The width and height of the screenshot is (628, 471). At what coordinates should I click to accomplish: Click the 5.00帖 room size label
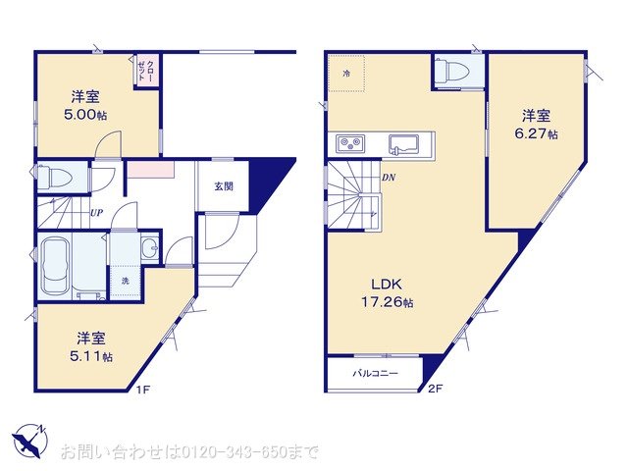[x=85, y=115]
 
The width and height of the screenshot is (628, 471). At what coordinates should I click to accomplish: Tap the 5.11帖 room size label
[x=91, y=356]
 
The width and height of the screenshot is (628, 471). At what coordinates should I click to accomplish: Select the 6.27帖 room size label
[x=536, y=133]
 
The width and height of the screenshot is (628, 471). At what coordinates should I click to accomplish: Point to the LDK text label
[x=387, y=285]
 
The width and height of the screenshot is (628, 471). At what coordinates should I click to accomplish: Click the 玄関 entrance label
[x=224, y=186]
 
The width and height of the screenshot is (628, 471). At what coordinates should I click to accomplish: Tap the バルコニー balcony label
[x=375, y=373]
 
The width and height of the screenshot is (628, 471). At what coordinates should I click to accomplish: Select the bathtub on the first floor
[x=55, y=265]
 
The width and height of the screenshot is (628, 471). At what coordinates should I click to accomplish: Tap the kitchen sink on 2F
[x=403, y=144]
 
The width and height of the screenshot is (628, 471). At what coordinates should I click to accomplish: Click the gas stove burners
[x=351, y=144]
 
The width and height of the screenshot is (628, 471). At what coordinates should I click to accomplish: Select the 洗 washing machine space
[x=126, y=282]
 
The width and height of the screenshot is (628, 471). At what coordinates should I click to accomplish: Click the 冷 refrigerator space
[x=346, y=74]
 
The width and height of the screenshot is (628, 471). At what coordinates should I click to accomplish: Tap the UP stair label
[x=96, y=213]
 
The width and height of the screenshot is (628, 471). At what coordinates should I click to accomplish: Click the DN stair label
[x=389, y=177]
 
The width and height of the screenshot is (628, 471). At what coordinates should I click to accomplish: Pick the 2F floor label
[x=435, y=389]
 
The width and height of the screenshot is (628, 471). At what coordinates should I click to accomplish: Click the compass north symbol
[x=30, y=441]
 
